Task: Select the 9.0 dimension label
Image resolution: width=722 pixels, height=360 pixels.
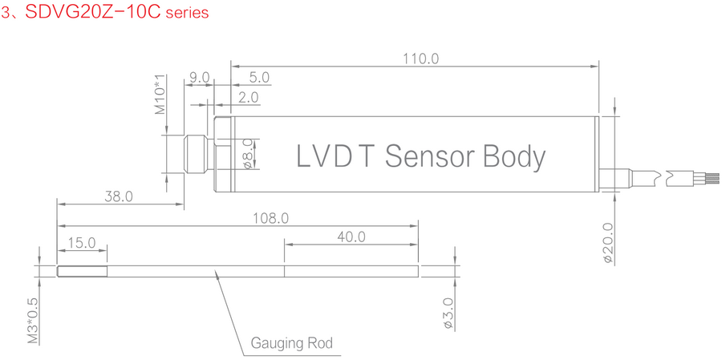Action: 198,78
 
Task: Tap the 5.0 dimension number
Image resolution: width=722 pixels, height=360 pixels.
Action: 259,78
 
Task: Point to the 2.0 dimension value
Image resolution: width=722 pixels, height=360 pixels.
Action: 249,98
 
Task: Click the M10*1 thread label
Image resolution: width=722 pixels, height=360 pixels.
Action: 160,95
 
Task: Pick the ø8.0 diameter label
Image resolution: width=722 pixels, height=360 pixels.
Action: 248,153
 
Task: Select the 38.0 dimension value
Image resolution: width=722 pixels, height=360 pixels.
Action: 119,196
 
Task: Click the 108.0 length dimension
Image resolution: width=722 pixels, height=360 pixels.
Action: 270,217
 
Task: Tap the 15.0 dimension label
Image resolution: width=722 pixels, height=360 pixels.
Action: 82,242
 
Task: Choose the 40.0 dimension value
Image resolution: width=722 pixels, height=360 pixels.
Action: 351,237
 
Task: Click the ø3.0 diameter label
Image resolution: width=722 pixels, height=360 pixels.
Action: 448,313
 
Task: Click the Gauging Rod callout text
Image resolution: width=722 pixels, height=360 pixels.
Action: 291,344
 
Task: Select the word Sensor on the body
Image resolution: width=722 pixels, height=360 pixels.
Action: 431,156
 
